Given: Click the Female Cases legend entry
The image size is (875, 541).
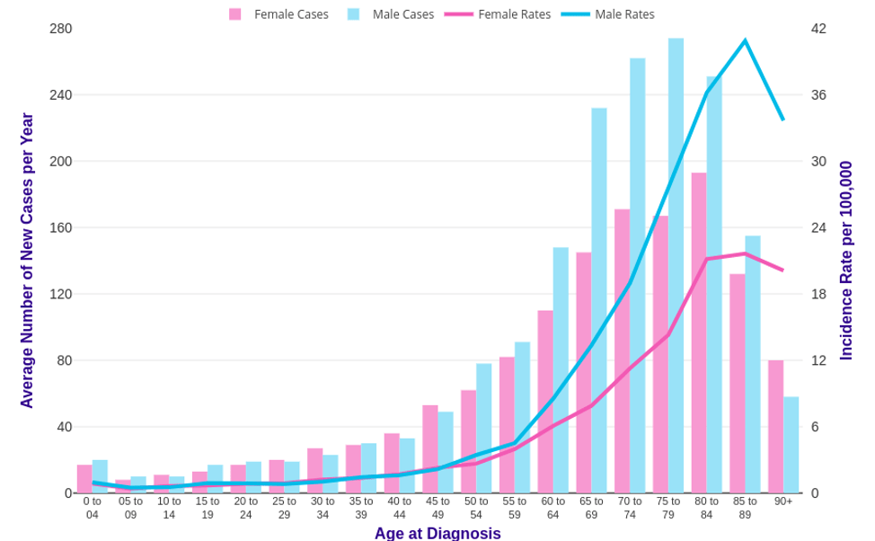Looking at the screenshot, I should tap(279, 14).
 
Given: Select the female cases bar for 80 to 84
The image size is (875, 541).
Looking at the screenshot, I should tap(699, 333).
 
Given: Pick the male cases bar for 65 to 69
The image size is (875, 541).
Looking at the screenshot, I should tap(599, 301).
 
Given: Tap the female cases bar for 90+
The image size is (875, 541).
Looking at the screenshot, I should tap(775, 427).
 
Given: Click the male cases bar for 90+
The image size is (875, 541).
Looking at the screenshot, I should tap(791, 445).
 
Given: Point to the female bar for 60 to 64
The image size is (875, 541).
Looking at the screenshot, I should tap(545, 402).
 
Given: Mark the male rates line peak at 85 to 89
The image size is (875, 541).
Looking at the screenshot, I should tap(745, 40).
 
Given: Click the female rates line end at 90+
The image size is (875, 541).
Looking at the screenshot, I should tap(783, 270).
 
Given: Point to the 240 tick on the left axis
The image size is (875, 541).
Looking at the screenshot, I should tap(60, 95).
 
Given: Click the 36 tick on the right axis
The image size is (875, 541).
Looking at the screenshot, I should tap(818, 95).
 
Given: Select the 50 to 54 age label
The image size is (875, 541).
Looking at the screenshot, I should tap(476, 508).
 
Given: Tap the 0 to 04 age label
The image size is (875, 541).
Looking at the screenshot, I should tap(93, 508).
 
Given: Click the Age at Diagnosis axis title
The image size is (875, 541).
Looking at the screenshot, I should tap(437, 533).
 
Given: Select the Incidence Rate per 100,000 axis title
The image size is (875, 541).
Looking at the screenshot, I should tap(845, 261).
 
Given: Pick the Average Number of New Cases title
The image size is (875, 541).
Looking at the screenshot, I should tap(27, 261).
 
